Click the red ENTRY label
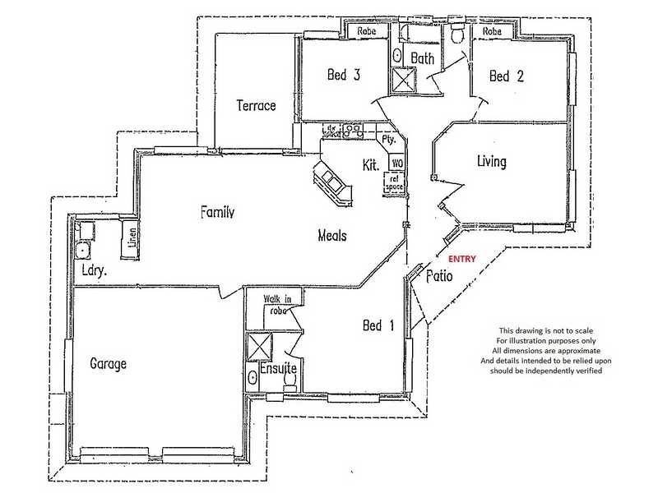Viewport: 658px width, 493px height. [x=462, y=259]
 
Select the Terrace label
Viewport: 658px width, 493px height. [x=255, y=105]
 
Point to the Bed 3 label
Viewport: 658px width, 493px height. [x=344, y=76]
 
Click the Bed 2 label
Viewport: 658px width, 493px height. [x=506, y=76]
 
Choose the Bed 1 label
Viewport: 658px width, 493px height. [x=378, y=326]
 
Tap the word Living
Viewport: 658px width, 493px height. [x=492, y=161]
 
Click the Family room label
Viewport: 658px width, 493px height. [x=218, y=212]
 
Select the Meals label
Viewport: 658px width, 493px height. [x=332, y=236]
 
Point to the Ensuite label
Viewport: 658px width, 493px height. [x=277, y=369]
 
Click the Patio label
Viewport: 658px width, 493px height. [x=439, y=276]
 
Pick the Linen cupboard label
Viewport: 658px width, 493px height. [x=132, y=238]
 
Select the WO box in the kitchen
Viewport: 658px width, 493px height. [x=396, y=164]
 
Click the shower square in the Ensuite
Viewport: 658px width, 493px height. [x=261, y=345]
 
